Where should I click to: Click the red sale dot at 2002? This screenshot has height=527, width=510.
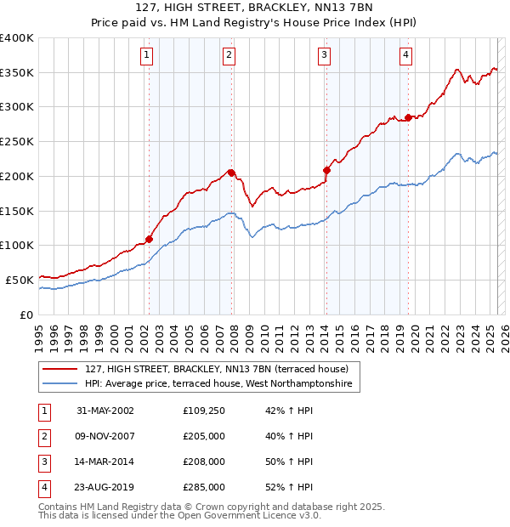149,239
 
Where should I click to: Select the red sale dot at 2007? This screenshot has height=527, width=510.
231,173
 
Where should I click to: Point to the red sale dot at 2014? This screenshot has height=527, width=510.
326,170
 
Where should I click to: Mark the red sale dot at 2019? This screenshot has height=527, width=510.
409,117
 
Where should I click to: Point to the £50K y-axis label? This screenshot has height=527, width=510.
19,279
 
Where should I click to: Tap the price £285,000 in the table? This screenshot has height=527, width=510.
204,487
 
